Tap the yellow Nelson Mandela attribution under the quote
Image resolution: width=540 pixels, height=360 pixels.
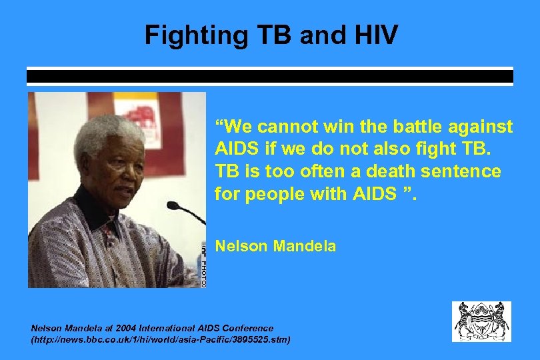click(x=275, y=246)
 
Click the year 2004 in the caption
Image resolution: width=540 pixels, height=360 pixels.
click(x=125, y=328)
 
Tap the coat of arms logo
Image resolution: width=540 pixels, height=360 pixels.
click(x=481, y=321)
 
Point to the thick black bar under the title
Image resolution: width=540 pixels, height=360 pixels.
click(x=269, y=77)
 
